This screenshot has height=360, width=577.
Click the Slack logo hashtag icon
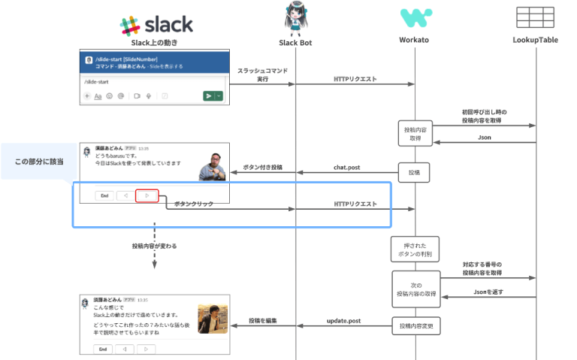click(130, 25)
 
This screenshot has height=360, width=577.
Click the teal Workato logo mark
click(415, 18)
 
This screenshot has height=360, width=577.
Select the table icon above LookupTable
click(535, 17)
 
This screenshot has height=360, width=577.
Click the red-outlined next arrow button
click(147, 195)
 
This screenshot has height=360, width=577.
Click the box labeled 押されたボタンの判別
click(414, 249)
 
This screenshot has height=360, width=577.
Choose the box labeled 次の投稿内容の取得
click(414, 289)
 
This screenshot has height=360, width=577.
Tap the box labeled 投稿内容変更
click(414, 326)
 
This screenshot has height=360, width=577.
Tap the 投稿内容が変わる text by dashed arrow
click(154, 246)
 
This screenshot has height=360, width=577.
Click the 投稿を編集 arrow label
click(263, 321)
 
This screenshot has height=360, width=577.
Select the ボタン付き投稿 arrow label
click(262, 167)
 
